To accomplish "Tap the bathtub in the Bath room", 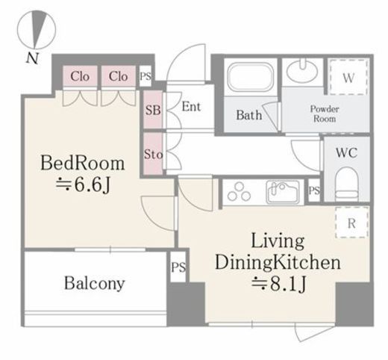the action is pyautogui.click(x=250, y=77).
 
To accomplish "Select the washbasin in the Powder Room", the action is pyautogui.click(x=302, y=70).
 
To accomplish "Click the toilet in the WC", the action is pyautogui.click(x=347, y=184).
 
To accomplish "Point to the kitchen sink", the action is pyautogui.click(x=283, y=192).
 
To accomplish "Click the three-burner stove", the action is pyautogui.click(x=239, y=192).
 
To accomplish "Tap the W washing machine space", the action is pyautogui.click(x=348, y=77).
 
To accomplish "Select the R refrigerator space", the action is pyautogui.click(x=351, y=223).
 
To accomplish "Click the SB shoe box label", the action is pyautogui.click(x=153, y=110).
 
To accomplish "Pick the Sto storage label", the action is pyautogui.click(x=153, y=155).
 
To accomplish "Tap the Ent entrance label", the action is pyautogui.click(x=191, y=107).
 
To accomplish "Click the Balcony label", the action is pyautogui.click(x=94, y=283).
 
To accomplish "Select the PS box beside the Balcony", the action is pyautogui.click(x=178, y=267).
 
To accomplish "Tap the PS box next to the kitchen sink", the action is pyautogui.click(x=314, y=190).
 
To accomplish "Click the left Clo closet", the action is pyautogui.click(x=80, y=76).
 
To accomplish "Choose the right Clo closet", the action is pyautogui.click(x=119, y=76).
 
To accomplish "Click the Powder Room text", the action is pyautogui.click(x=325, y=114).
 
